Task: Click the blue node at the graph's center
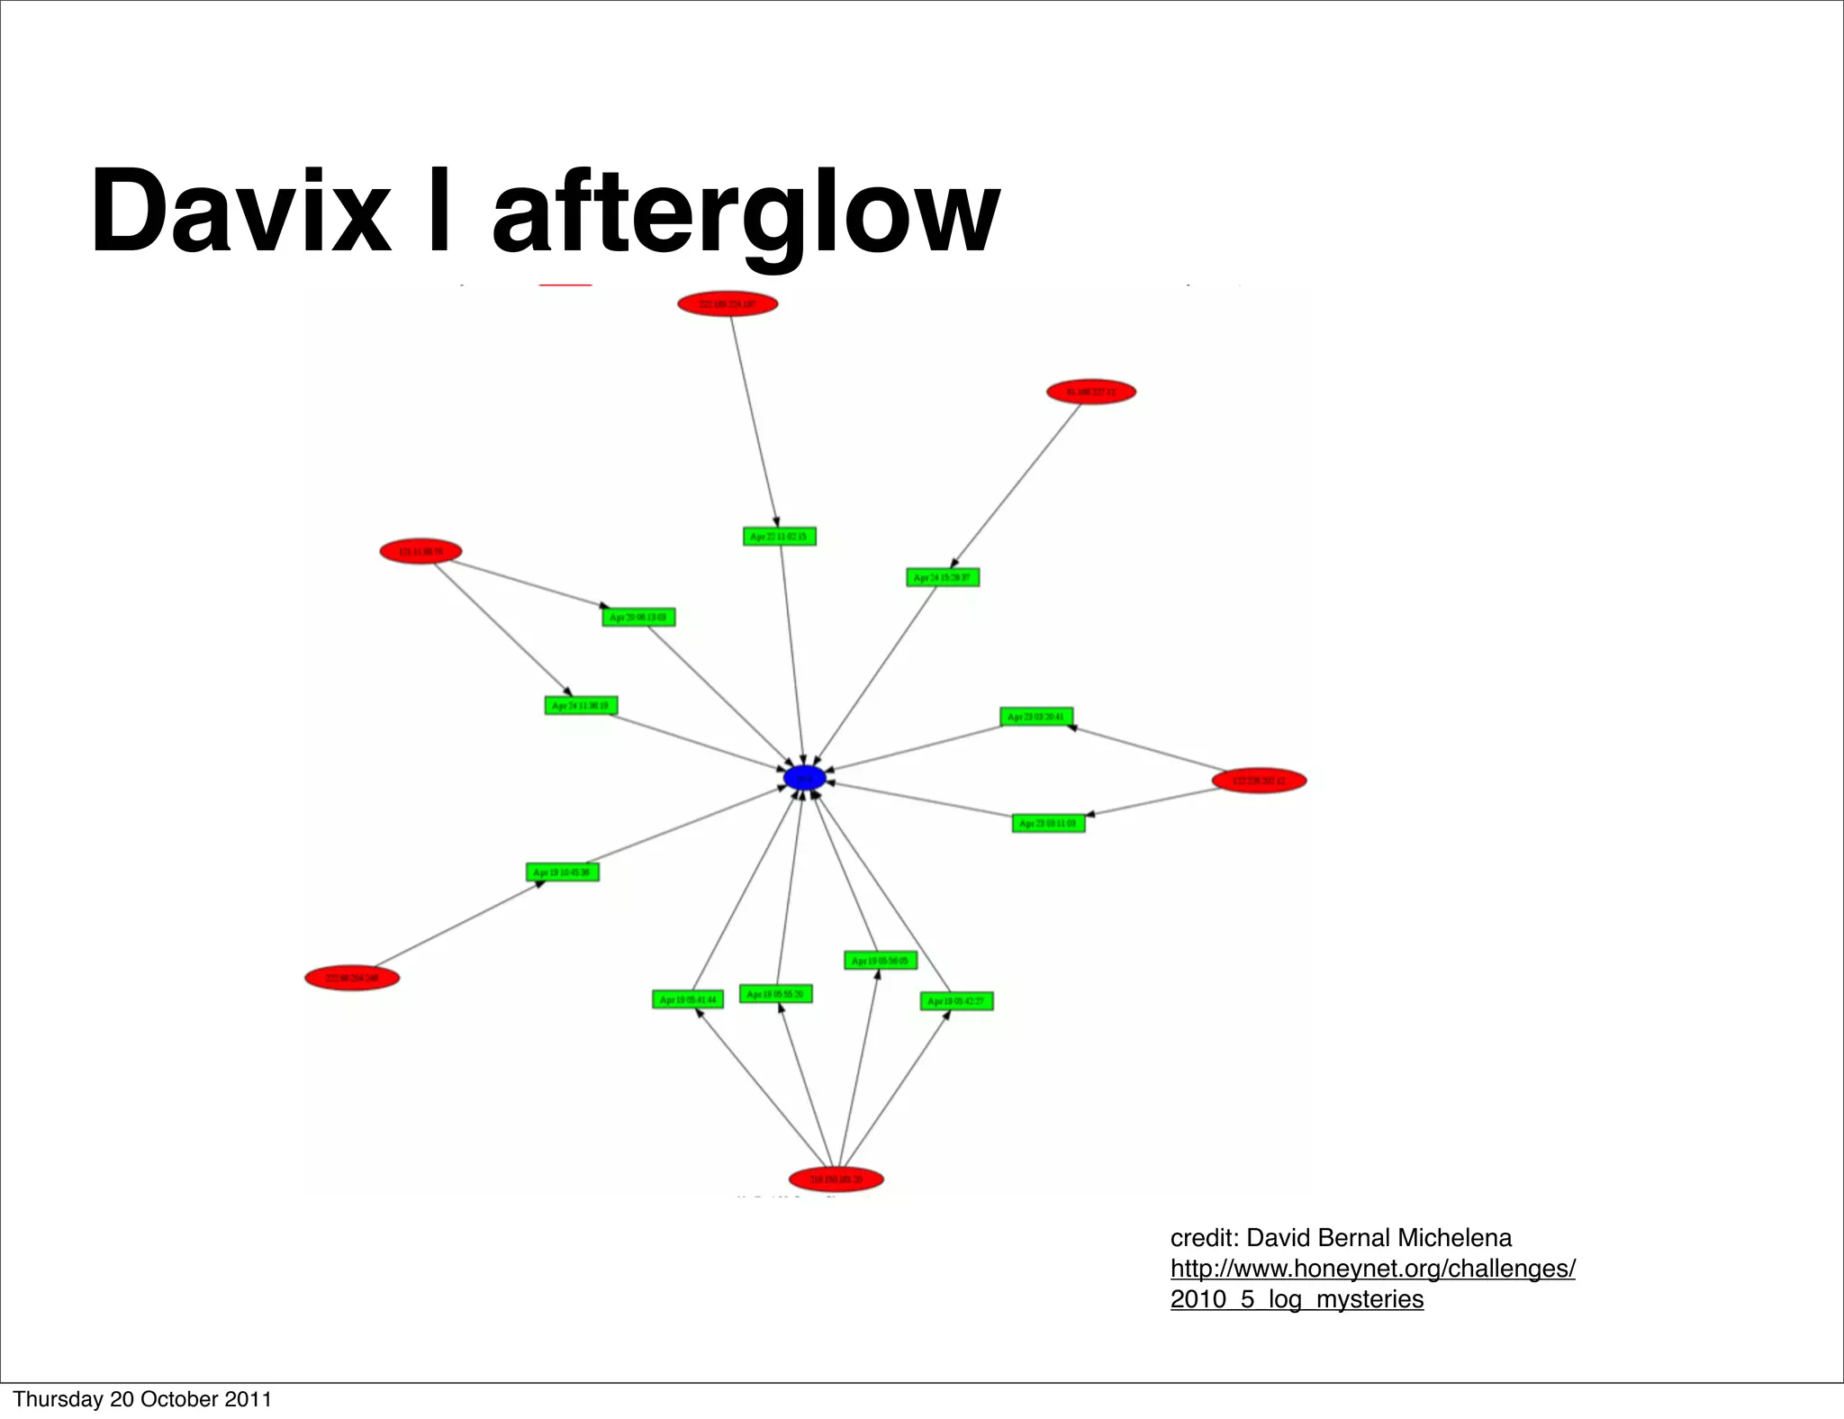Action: point(804,778)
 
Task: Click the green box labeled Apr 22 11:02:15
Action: point(780,537)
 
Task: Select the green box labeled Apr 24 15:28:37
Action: point(943,577)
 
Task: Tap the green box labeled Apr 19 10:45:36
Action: point(563,872)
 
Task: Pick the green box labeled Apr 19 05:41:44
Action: point(688,999)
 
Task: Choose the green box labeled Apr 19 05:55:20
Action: point(775,994)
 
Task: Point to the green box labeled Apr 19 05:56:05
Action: point(881,961)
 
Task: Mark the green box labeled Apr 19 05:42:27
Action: point(956,1001)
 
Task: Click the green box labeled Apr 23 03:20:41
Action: point(1036,717)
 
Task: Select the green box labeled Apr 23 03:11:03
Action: point(1048,823)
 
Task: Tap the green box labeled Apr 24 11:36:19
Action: point(581,706)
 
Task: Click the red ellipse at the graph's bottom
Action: point(836,1179)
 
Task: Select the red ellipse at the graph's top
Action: point(728,304)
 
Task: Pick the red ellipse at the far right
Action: point(1259,781)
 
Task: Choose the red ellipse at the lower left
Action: point(352,978)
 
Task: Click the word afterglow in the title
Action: point(746,213)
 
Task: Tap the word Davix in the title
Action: point(240,213)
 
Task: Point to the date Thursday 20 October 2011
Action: point(142,1399)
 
